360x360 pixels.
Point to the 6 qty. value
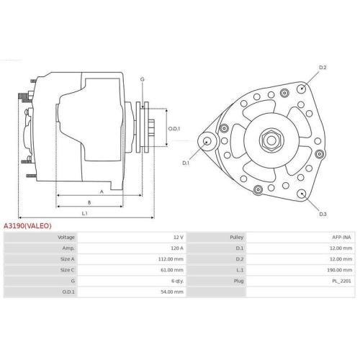point(176,282)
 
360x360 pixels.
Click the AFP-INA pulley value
point(341,237)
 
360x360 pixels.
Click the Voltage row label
point(66,237)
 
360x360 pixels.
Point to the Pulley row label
point(236,237)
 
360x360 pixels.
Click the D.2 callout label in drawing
point(323,68)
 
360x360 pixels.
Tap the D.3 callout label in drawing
point(323,214)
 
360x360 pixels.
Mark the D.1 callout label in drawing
point(186,163)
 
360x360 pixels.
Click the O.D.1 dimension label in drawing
point(174,129)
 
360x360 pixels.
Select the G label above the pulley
point(143,78)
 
